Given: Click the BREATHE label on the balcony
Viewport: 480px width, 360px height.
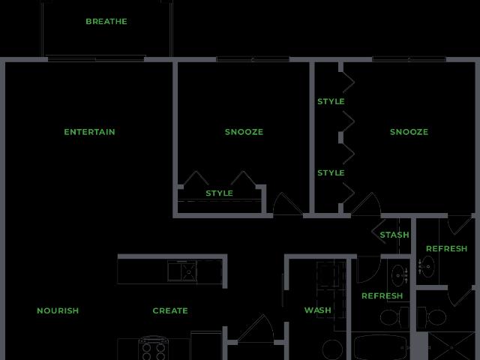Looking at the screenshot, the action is [106, 22].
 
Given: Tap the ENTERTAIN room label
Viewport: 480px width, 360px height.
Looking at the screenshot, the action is [89, 132].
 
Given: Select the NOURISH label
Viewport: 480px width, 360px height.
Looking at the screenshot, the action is [58, 310].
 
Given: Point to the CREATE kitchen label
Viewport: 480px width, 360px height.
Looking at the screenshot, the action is [170, 310].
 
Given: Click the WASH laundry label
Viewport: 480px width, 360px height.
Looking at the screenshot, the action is [318, 310].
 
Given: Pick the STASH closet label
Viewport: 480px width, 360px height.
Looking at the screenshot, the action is [394, 235].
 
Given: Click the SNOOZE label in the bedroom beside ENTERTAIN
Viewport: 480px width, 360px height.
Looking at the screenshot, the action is [244, 132].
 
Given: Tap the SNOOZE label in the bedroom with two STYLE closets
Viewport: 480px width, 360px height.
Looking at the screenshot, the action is [409, 132].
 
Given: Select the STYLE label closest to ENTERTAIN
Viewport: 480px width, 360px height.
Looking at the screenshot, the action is [219, 193].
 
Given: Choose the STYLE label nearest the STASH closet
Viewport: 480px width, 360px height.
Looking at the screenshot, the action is [331, 172].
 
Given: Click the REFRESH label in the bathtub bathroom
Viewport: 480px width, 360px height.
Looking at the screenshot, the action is [382, 295].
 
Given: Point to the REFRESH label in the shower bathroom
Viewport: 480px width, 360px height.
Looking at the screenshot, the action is [447, 248].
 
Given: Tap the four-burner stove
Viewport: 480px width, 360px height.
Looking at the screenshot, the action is [153, 348].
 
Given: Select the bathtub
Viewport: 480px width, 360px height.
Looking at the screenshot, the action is [380, 348].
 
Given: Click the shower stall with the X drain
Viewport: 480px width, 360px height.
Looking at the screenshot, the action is [451, 346].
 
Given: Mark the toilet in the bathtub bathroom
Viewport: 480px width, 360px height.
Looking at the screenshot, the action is [394, 317].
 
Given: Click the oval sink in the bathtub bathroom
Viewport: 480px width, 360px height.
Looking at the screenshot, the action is [398, 275].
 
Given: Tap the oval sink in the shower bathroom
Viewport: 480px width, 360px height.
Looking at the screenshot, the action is [427, 266].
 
